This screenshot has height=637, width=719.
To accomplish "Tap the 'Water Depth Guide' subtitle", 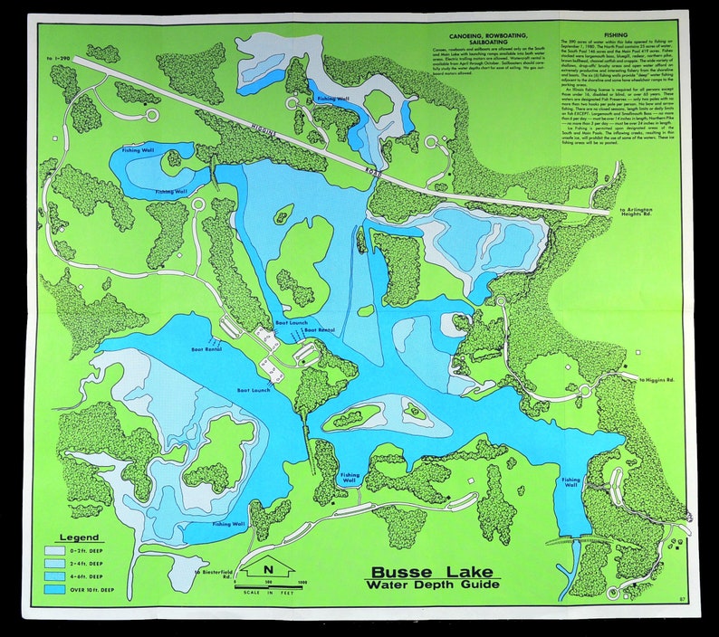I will point(436,585).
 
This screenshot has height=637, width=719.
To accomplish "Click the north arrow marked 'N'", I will point(267,570).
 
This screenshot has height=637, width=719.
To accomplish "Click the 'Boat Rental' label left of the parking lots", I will point(206,348).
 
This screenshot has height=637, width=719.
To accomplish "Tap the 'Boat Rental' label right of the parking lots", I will point(319,330).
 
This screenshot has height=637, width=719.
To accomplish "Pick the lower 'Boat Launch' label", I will point(254,390).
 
